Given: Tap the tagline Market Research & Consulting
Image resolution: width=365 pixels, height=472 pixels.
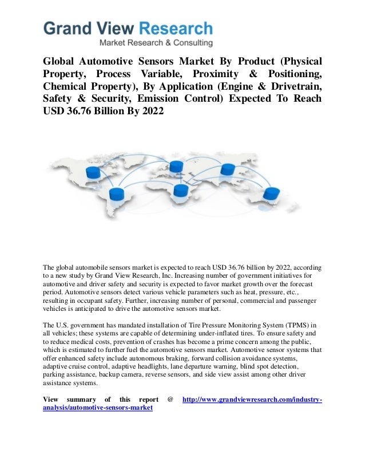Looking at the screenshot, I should [x=156, y=43].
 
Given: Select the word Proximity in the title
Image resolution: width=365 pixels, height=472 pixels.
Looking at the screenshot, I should [x=217, y=75].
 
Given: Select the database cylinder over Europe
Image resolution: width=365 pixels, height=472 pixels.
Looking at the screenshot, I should [x=176, y=166].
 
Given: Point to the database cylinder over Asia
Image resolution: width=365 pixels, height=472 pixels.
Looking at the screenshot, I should [x=228, y=170].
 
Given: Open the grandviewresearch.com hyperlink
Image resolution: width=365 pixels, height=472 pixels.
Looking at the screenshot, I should [x=252, y=399].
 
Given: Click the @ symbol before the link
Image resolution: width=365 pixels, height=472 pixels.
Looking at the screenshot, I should [x=170, y=399].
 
